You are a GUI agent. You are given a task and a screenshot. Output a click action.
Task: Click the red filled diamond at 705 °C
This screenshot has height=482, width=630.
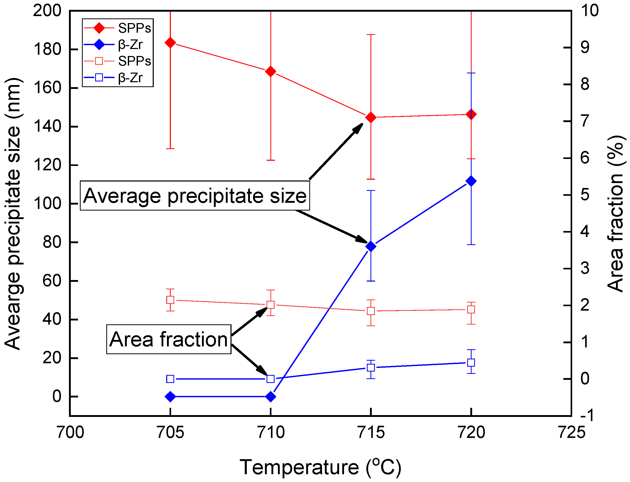point(170,43)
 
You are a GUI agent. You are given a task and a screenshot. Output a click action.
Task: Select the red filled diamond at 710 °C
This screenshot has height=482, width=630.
point(270,72)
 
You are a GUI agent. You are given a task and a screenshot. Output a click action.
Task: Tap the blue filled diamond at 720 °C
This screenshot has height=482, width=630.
point(471,181)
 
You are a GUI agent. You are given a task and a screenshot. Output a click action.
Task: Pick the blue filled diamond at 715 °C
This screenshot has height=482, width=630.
point(371,246)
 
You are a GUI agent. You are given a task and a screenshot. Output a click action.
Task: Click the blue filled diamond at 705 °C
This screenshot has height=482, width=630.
point(170,397)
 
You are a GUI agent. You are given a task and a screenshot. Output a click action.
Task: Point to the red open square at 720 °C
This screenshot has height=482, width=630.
point(471,310)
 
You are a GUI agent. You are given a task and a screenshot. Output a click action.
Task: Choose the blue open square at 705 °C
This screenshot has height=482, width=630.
point(170,379)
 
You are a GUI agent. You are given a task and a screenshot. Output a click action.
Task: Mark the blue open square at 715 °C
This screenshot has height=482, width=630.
point(371,367)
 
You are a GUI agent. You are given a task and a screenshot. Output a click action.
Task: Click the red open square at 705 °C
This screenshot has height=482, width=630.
point(170,300)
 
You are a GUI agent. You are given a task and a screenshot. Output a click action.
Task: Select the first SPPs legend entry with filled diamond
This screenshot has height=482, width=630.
point(118,28)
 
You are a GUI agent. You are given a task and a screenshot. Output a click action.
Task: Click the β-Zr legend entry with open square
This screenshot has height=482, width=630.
point(118,78)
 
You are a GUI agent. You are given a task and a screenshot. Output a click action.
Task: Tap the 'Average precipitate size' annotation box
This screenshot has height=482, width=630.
point(195,196)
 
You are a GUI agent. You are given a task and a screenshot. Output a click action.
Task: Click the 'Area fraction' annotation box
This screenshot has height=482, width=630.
point(169,339)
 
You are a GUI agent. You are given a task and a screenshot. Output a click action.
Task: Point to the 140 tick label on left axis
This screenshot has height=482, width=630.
point(48,126)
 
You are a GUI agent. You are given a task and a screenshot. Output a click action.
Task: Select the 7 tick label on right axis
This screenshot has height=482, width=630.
point(585,121)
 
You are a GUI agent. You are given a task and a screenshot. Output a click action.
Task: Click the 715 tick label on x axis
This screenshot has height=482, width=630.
point(371,432)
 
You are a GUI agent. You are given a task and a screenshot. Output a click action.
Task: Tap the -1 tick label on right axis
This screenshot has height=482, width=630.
point(586,415)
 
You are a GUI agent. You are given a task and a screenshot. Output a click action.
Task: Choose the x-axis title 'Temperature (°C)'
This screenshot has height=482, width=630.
point(320,467)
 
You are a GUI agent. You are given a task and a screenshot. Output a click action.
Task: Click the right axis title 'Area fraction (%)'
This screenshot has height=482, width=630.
point(616,214)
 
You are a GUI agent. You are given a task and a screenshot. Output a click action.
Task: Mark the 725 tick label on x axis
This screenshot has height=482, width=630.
point(571,432)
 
